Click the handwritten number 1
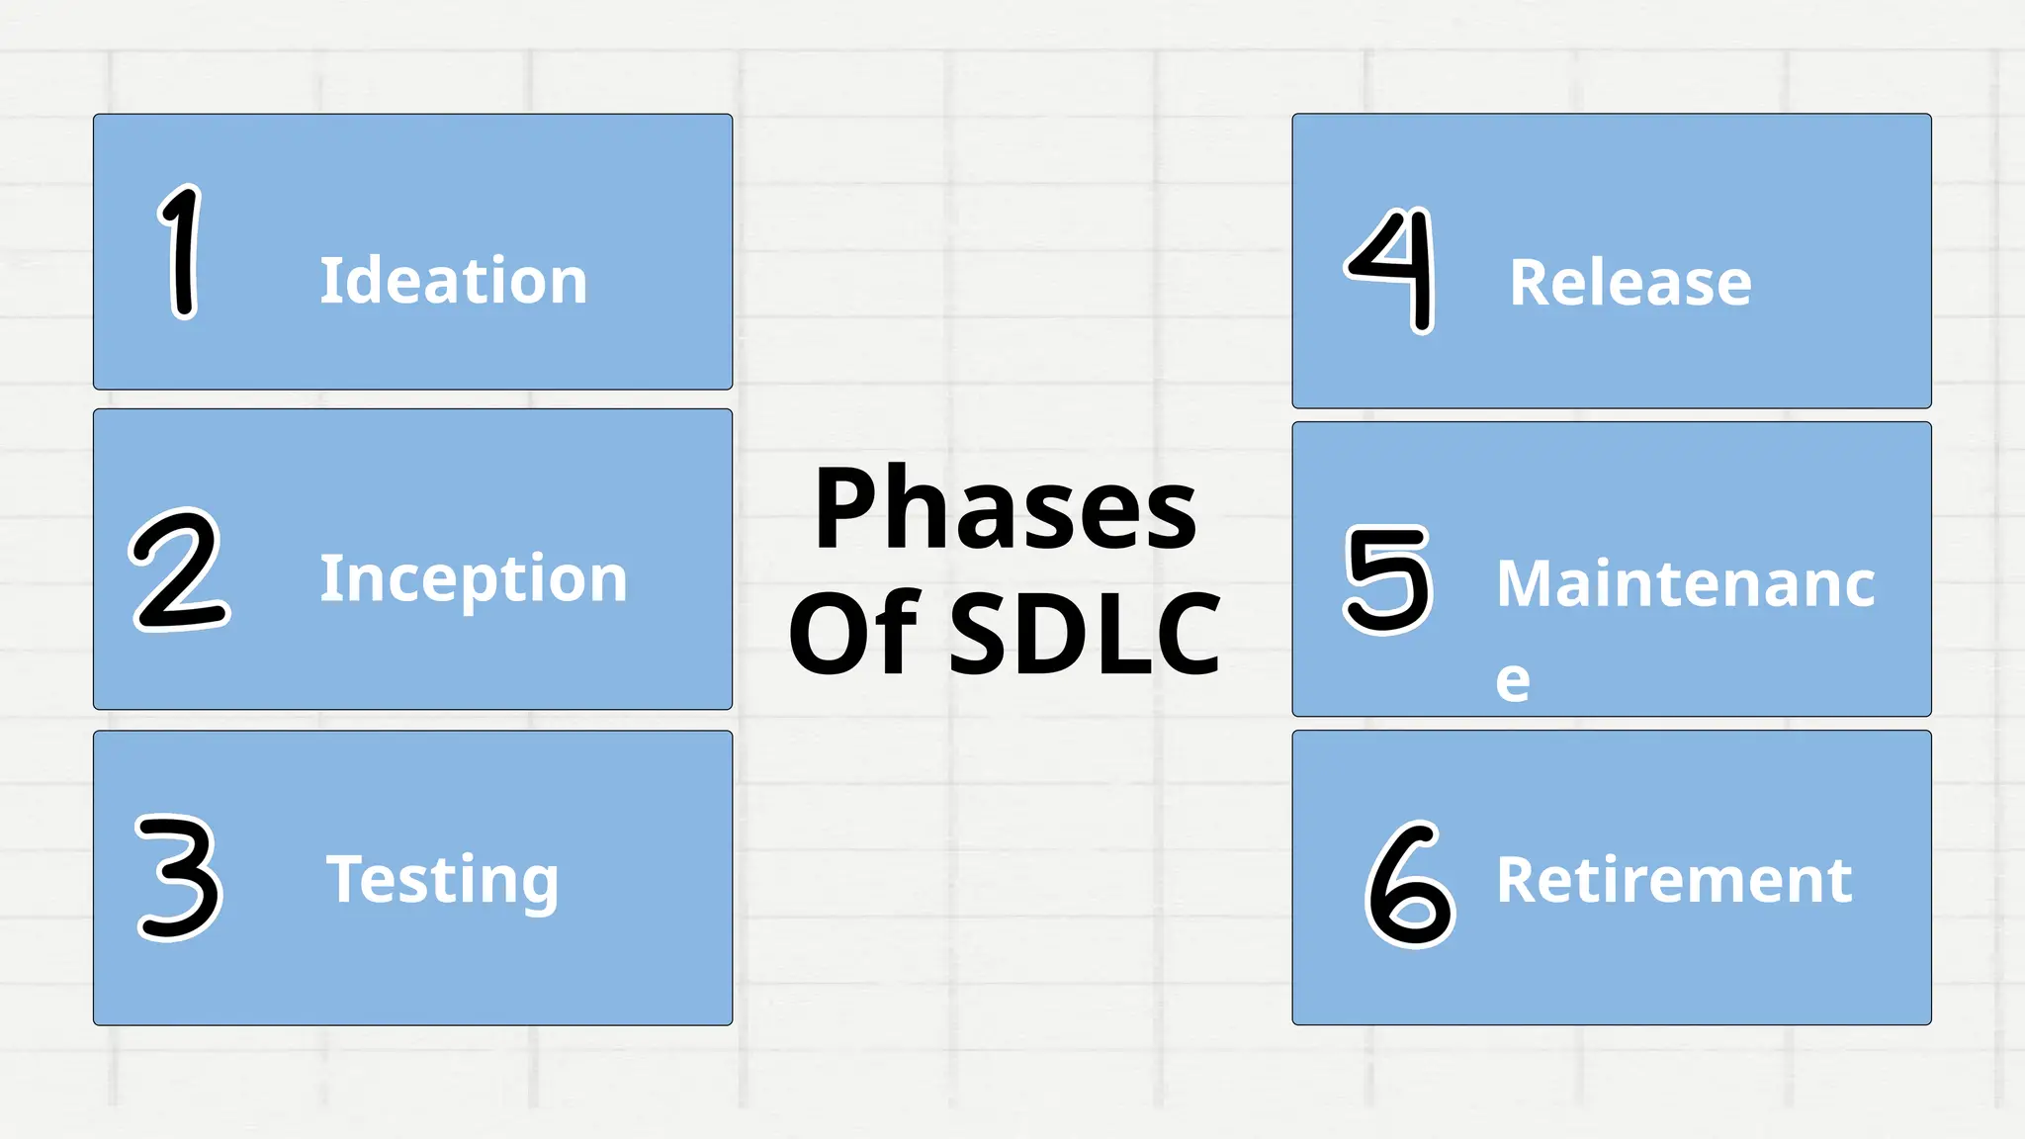coord(181,252)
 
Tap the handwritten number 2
coord(180,570)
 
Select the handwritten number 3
coord(179,877)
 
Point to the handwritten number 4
coord(1392,270)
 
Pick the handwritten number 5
coord(1388,579)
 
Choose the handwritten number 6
coord(1409,885)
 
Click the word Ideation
coord(454,281)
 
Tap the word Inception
coord(473,579)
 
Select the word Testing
coord(442,880)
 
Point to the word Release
coord(1630,284)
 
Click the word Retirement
coord(1674,880)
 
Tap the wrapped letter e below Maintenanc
coord(1513,681)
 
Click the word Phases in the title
coord(1005,509)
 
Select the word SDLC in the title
coord(1085,633)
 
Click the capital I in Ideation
coord(329,281)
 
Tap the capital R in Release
coord(1529,284)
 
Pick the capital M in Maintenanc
coord(1524,583)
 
